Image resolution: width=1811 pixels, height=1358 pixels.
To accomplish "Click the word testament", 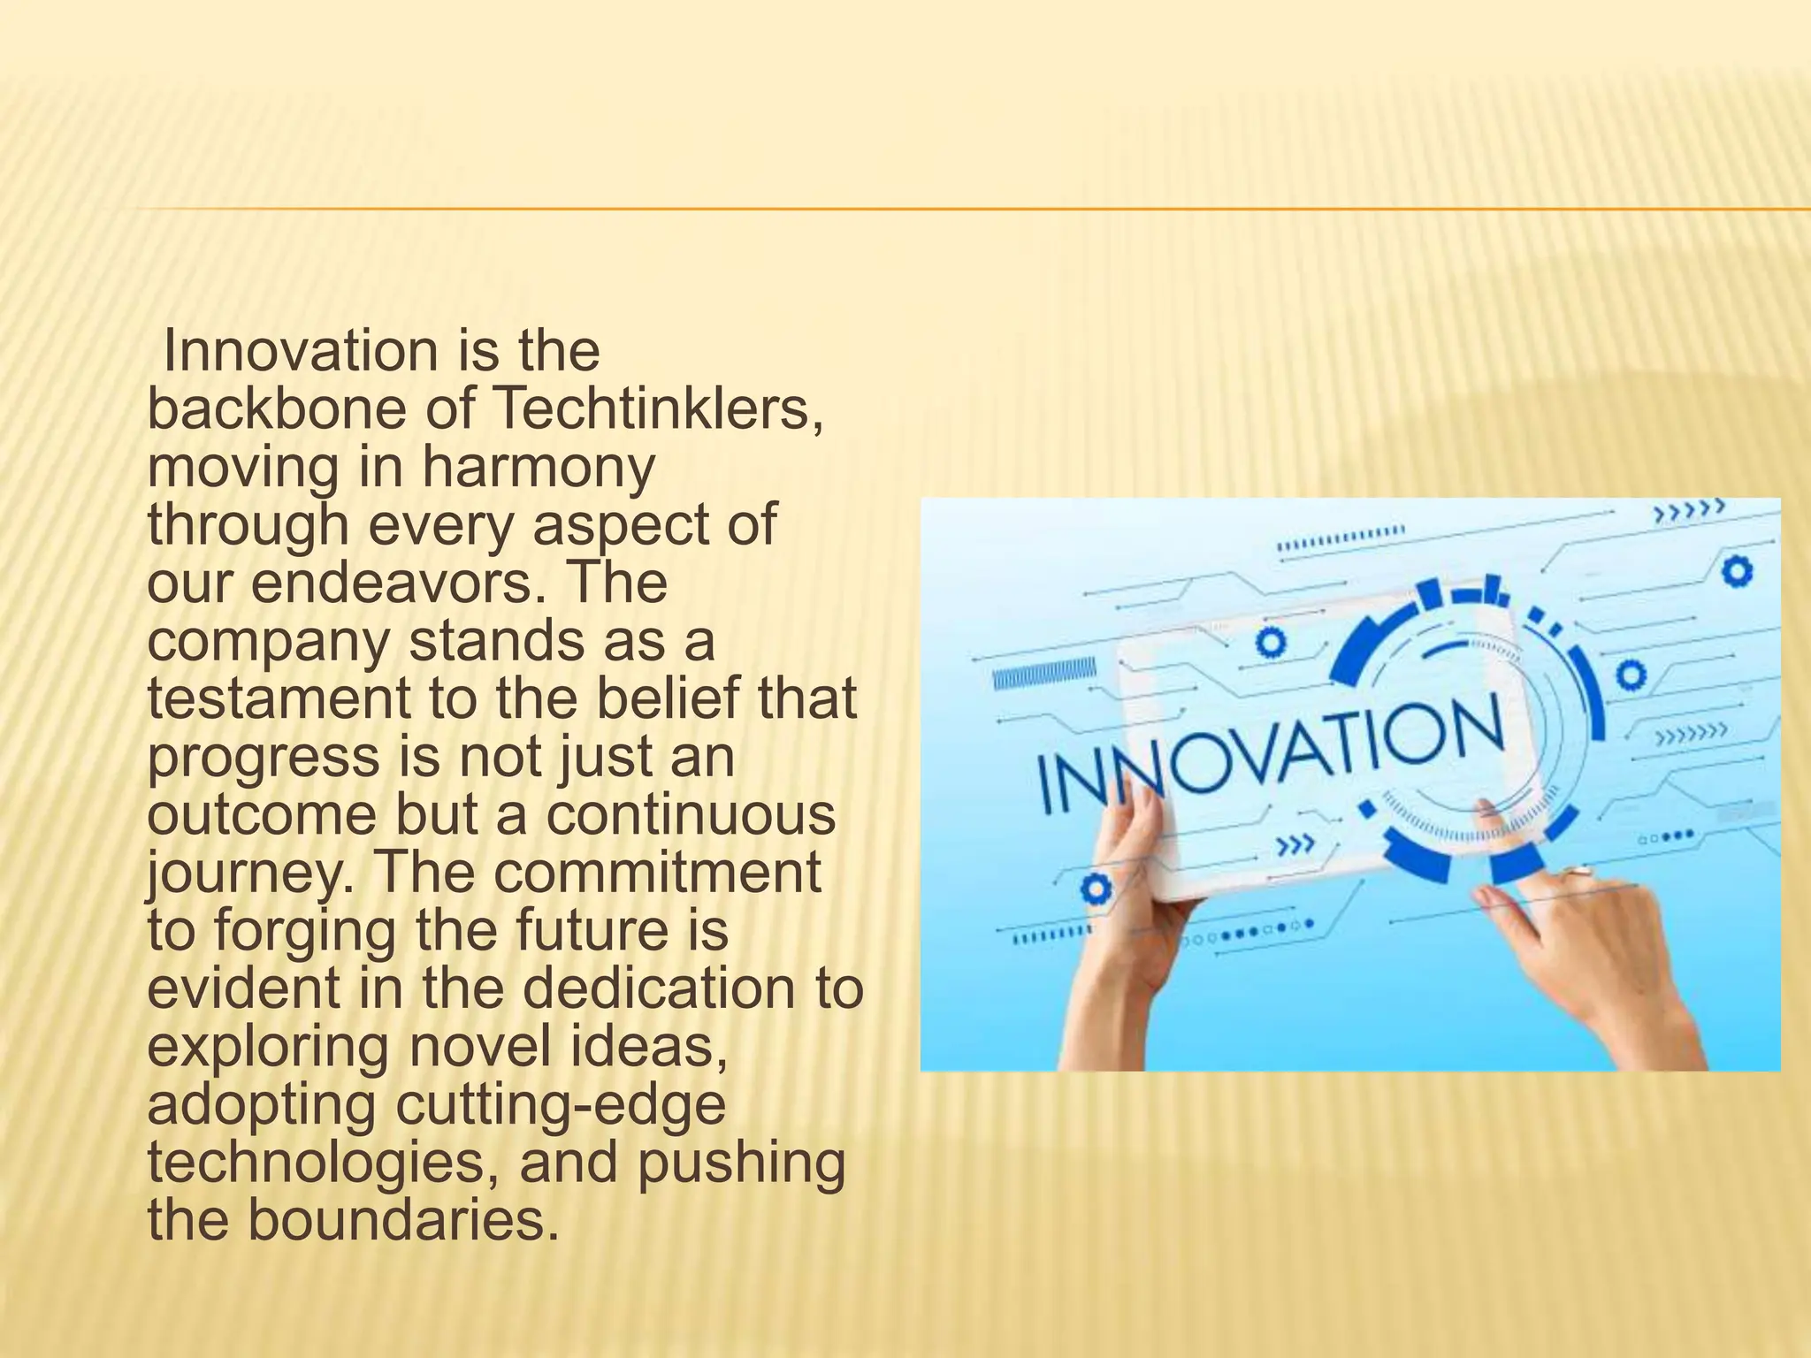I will (x=279, y=699).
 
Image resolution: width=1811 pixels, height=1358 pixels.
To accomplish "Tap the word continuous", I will (x=690, y=815).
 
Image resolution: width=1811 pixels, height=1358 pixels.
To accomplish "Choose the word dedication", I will (x=671, y=989).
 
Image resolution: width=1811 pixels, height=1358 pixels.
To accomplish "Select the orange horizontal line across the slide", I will (x=973, y=210).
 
